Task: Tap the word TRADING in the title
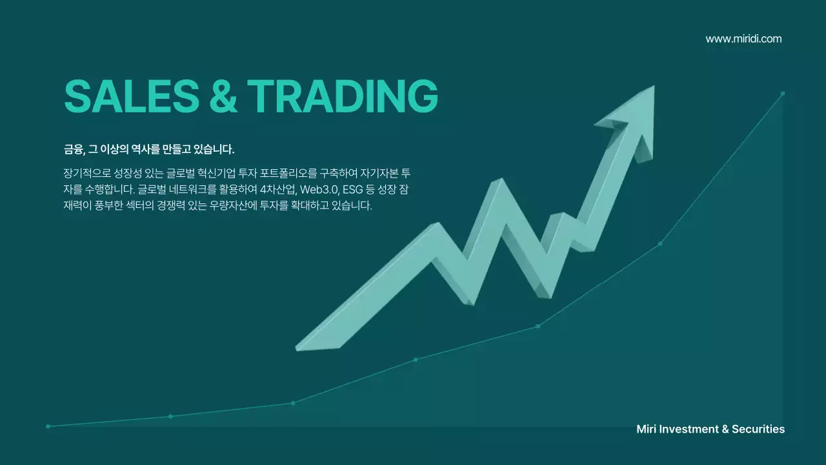click(x=342, y=96)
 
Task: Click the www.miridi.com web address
click(x=743, y=39)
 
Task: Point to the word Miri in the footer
click(x=648, y=429)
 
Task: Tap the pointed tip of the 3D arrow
click(x=652, y=88)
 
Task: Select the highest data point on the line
click(x=783, y=93)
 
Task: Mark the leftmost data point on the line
click(x=48, y=426)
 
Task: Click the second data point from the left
click(x=170, y=416)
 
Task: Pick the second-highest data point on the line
click(x=660, y=243)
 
